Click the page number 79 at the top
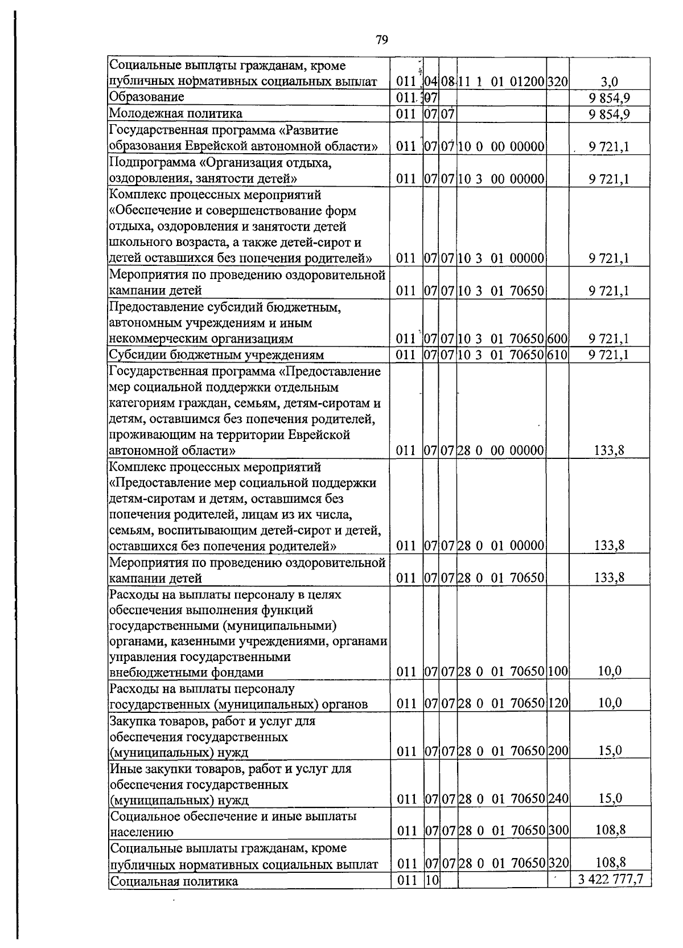pos(382,39)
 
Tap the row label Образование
pos(146,97)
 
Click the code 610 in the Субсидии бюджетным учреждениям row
pos(558,355)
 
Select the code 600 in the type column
pos(558,339)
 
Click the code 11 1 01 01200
pos(501,81)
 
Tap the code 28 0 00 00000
pos(501,450)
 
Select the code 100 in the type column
pos(558,671)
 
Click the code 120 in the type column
pos(558,703)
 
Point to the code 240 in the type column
pos(558,798)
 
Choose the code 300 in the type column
pos(558,830)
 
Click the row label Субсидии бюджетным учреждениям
pos(216,355)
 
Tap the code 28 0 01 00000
pos(501,545)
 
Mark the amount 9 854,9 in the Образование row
pos(610,97)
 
